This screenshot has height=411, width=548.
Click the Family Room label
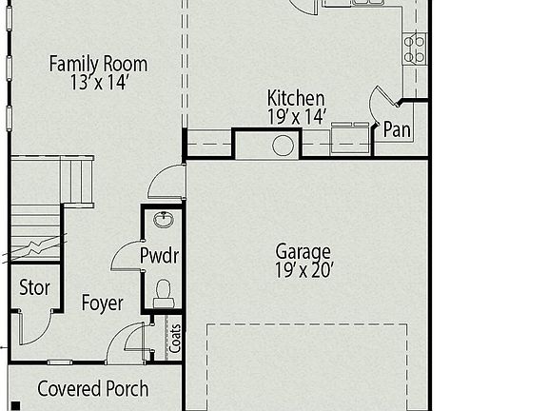(98, 64)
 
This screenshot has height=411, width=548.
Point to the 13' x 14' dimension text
(98, 82)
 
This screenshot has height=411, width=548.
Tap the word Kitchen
(296, 98)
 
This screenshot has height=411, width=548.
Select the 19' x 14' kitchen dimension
(296, 116)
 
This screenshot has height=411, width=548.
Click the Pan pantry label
(397, 130)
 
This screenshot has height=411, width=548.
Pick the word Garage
(303, 251)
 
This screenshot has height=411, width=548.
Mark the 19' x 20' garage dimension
(303, 269)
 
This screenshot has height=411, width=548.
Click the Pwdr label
(160, 256)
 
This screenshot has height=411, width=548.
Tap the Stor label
(35, 288)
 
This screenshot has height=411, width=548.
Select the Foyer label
(102, 303)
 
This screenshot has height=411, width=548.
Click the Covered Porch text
(92, 389)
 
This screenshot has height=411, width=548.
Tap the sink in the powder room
(163, 221)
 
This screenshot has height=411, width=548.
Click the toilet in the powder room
(163, 290)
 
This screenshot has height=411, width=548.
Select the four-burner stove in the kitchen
(414, 48)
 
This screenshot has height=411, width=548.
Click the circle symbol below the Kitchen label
(283, 146)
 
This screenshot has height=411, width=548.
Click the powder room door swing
(127, 257)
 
